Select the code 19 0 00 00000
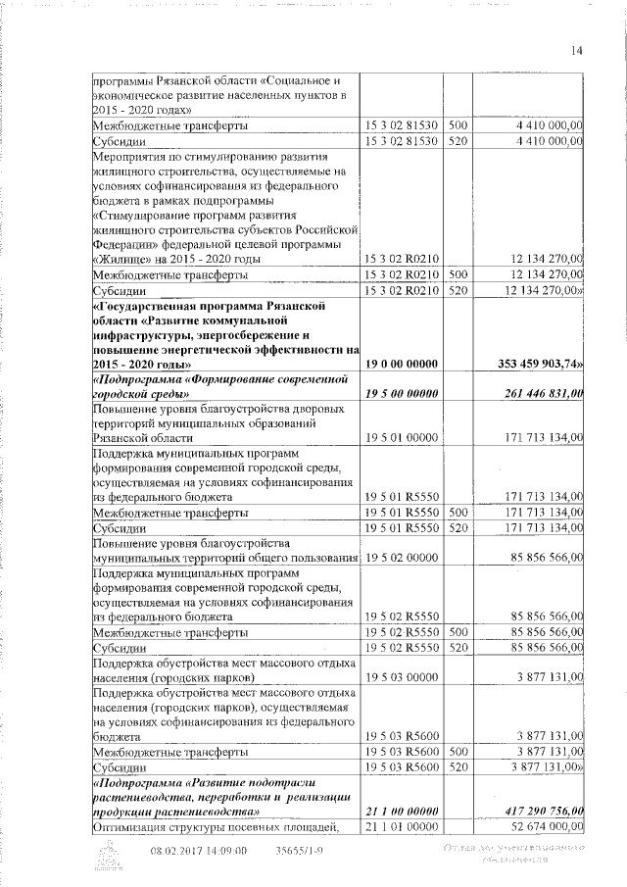click(x=404, y=363)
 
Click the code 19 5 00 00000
click(x=404, y=393)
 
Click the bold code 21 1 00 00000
click(x=404, y=811)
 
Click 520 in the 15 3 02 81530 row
click(x=458, y=141)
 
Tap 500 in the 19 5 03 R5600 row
click(x=458, y=751)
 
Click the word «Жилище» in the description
click(x=122, y=259)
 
